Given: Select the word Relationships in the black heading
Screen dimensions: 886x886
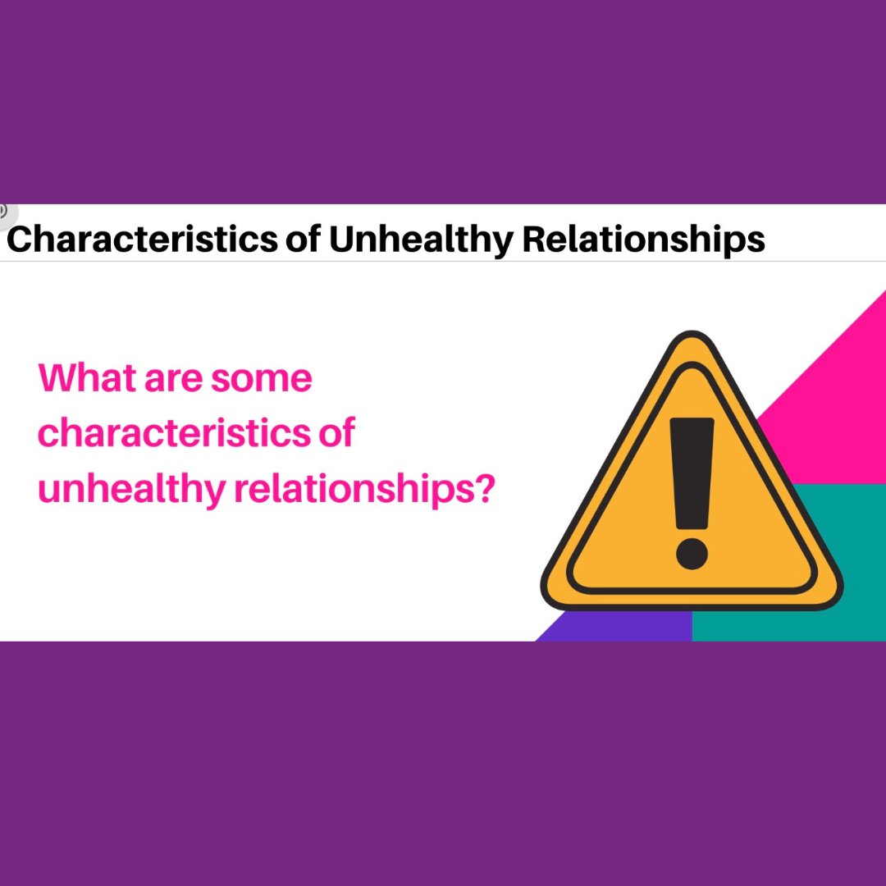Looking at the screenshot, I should click(644, 239).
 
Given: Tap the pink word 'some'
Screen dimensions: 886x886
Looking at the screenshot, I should click(262, 378).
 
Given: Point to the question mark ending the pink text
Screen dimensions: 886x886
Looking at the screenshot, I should click(485, 487).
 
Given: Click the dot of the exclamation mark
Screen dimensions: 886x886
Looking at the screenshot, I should click(692, 554).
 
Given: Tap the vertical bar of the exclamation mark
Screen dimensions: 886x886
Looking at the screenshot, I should click(692, 473).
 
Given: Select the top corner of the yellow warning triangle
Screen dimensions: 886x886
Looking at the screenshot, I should click(692, 338).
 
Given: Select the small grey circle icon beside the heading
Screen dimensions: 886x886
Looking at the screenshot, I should click(4, 211).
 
